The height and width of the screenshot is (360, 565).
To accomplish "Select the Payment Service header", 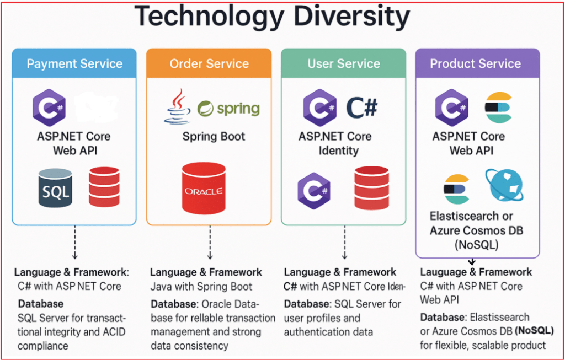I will tap(74, 63).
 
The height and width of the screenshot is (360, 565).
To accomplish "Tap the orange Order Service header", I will tap(209, 63).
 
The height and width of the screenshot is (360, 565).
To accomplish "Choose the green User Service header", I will tap(343, 63).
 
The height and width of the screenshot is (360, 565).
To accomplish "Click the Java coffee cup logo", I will tap(178, 106).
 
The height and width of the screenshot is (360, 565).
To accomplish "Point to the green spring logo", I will tap(228, 108).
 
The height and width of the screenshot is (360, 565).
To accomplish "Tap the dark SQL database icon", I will tap(55, 188).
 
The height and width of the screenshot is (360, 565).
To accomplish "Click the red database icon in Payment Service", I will tap(104, 186).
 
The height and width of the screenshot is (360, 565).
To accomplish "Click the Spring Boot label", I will tap(214, 136).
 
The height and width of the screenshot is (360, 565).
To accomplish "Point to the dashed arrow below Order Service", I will tap(210, 242).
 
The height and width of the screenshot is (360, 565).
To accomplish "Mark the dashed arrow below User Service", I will tap(344, 242).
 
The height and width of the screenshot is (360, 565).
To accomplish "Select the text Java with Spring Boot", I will tap(201, 287).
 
